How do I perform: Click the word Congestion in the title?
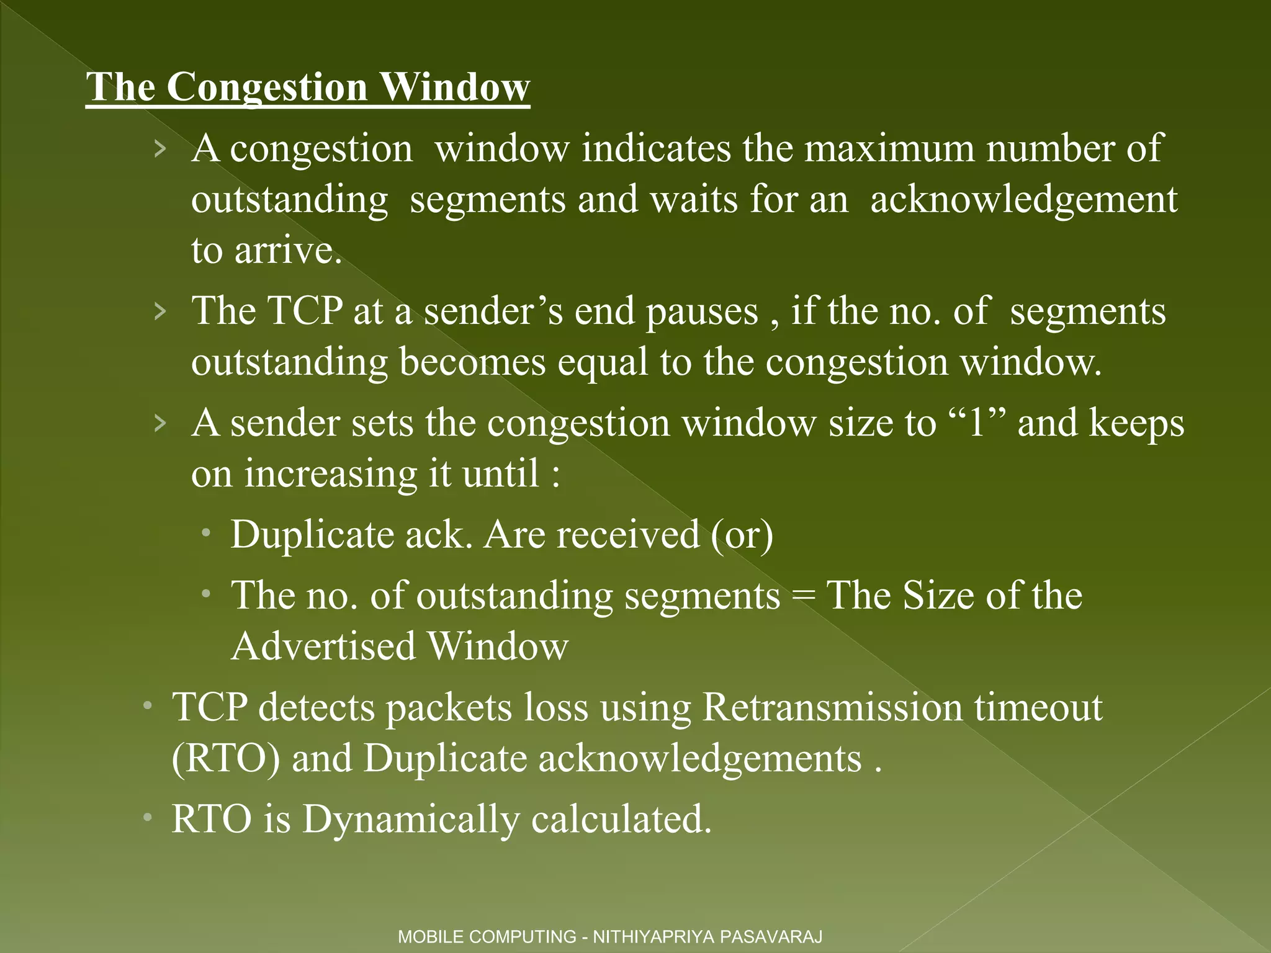click(266, 87)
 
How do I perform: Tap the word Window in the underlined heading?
click(454, 87)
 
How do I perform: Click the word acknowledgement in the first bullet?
click(1023, 200)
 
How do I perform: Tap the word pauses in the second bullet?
click(702, 312)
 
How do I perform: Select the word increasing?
click(330, 475)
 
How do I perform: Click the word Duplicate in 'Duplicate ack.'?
click(312, 535)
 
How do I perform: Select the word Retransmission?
click(832, 708)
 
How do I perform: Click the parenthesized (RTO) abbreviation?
click(226, 759)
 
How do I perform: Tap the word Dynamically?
click(410, 820)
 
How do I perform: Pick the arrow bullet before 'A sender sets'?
click(160, 424)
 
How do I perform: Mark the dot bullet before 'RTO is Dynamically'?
click(147, 818)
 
